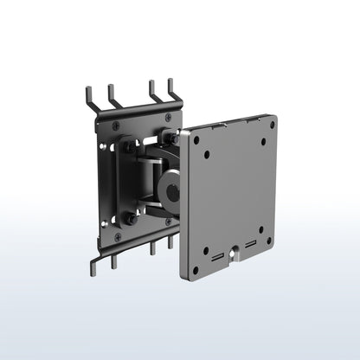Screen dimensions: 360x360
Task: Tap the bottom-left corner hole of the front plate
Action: pos(196,270)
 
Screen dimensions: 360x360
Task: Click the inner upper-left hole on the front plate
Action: pos(208,156)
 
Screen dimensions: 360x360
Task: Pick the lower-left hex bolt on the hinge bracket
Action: pos(131,218)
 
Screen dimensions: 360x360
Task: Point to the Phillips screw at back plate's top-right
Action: pos(168,117)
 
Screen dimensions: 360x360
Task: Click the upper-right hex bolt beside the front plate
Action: pos(173,138)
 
